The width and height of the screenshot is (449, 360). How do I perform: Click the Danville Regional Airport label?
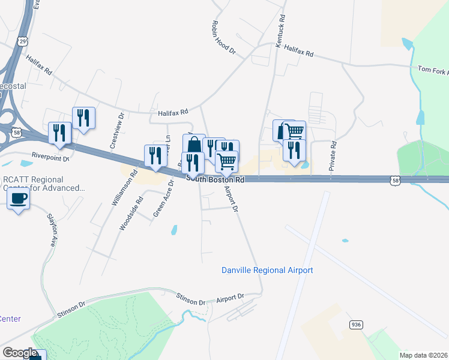267,271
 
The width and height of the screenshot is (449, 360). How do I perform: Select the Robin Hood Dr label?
223,38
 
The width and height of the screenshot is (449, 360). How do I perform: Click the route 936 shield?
357,325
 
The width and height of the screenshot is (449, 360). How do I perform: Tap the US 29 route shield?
22,41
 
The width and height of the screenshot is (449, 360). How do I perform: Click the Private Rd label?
332,157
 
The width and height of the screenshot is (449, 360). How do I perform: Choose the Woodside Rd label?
131,214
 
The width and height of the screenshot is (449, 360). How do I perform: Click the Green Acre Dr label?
160,202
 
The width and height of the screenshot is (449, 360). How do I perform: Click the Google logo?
20,353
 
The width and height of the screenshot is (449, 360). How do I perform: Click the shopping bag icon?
194,145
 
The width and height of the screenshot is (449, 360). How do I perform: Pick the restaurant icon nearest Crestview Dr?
83,118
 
